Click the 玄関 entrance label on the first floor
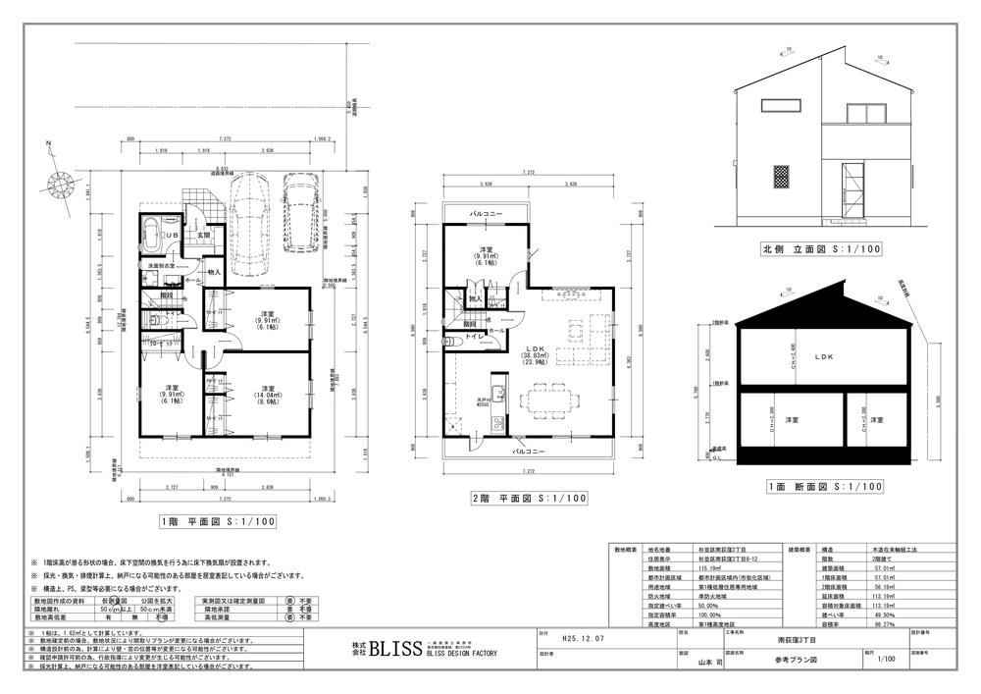(204, 236)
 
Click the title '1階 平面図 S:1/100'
(217, 521)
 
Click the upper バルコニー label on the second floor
(487, 213)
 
